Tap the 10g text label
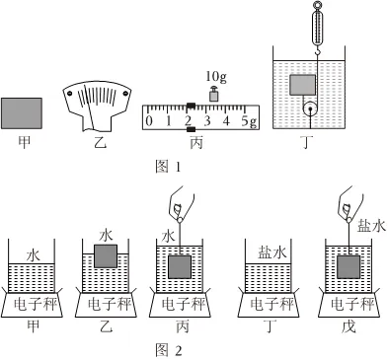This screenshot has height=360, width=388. (x=216, y=77)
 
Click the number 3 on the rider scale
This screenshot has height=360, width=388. (x=207, y=121)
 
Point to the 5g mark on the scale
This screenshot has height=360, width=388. (x=249, y=121)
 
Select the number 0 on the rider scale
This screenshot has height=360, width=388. (x=149, y=121)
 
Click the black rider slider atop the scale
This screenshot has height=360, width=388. (x=191, y=106)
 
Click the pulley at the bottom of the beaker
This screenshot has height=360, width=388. (x=310, y=108)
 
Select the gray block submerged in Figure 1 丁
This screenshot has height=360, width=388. (x=302, y=85)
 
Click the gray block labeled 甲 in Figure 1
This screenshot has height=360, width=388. (x=22, y=113)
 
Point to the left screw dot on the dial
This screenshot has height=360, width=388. (x=70, y=94)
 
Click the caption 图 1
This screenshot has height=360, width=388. (x=168, y=167)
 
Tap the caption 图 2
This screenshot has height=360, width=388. (x=169, y=350)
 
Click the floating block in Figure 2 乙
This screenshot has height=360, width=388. (x=106, y=256)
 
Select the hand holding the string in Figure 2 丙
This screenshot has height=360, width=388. (x=181, y=204)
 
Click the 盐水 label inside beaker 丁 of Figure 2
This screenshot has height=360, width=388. (x=272, y=252)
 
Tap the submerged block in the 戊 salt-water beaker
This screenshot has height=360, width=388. (x=349, y=266)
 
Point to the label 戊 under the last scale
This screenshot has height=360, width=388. (x=349, y=327)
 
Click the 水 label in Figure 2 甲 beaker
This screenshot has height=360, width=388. (x=33, y=255)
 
